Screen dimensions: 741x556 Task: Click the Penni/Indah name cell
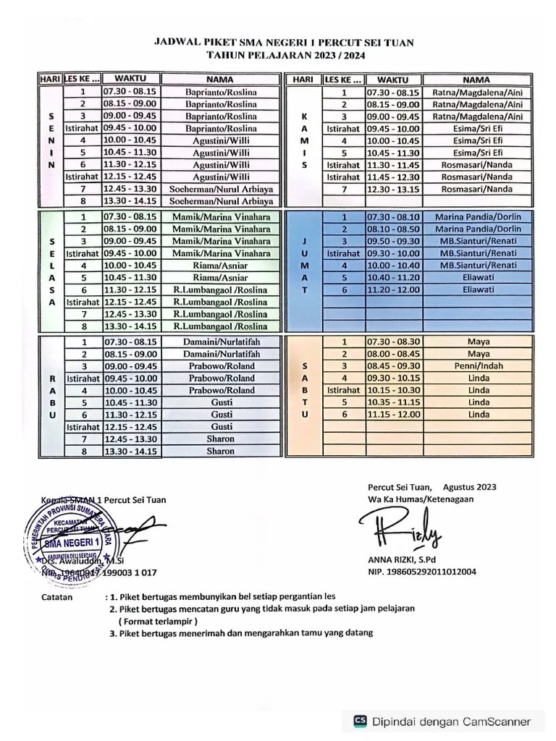479,365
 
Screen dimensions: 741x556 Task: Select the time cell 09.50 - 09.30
393,241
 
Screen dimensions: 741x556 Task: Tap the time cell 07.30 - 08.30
393,341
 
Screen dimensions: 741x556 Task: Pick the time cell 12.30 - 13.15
393,189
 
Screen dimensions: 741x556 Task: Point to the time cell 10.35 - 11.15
393,402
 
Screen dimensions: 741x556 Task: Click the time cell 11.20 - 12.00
393,289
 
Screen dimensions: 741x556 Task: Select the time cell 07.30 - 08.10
393,216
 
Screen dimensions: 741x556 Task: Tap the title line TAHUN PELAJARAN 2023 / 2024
285,56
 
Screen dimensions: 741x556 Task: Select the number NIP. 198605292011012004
421,572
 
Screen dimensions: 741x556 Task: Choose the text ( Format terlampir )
159,621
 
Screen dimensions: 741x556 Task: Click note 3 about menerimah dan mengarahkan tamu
240,633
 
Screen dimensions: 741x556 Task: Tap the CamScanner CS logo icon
359,721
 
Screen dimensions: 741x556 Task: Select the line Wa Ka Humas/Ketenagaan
420,499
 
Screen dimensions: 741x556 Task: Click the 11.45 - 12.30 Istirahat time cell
393,177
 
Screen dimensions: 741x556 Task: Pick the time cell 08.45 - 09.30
393,365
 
